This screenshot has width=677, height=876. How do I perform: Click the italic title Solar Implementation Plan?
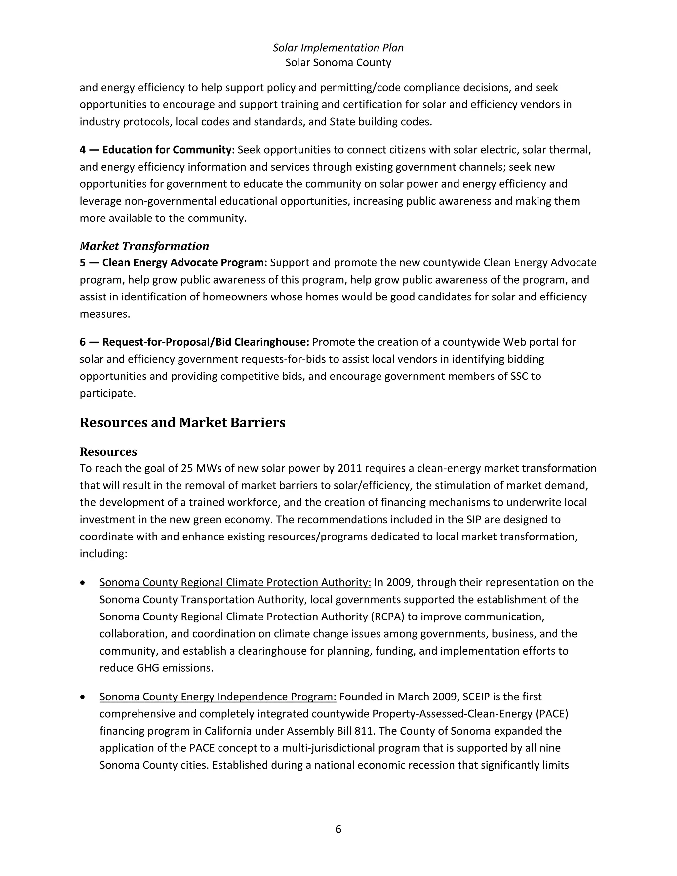[338, 48]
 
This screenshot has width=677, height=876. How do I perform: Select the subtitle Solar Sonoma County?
[338, 62]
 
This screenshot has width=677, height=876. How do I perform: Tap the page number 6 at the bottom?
[338, 829]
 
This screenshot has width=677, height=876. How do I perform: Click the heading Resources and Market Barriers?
[182, 422]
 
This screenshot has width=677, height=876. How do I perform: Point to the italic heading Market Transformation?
[144, 246]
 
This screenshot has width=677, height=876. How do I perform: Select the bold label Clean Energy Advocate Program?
[184, 263]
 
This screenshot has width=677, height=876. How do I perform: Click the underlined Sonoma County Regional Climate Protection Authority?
[235, 582]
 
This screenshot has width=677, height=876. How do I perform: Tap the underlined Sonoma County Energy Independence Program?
[218, 697]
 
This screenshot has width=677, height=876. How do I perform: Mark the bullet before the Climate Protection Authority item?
[83, 583]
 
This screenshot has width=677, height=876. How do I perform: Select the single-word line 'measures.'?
[105, 314]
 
